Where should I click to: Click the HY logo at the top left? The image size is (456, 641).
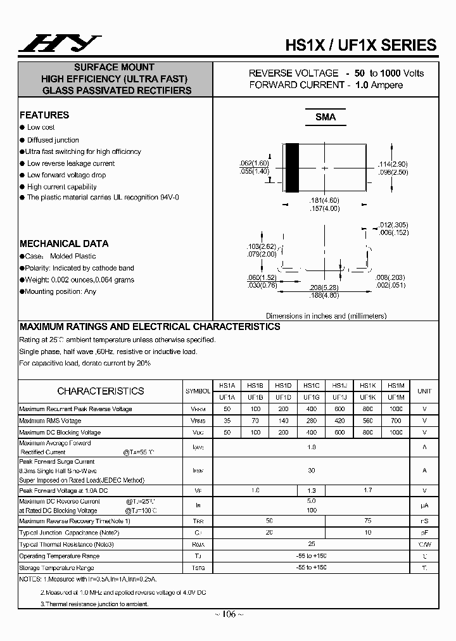[x=58, y=43]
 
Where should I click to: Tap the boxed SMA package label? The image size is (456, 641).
[x=325, y=117]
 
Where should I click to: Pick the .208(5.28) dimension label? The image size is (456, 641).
[x=324, y=288]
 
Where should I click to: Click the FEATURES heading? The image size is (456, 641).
[x=44, y=115]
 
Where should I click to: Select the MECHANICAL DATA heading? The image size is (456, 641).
[x=64, y=243]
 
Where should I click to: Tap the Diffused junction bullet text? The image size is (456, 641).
[x=53, y=140]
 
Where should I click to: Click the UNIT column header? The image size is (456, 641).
[x=424, y=391]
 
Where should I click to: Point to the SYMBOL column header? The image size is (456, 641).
[x=198, y=391]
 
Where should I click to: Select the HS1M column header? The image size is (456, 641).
[x=396, y=385]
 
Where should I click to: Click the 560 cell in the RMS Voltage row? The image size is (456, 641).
[x=367, y=421]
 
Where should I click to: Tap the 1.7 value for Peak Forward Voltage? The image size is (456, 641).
[x=367, y=490]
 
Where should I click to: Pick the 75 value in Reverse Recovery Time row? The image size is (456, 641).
[x=367, y=521]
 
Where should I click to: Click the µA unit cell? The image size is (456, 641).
[x=424, y=505]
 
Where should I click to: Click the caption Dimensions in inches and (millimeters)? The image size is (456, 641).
[x=326, y=315]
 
